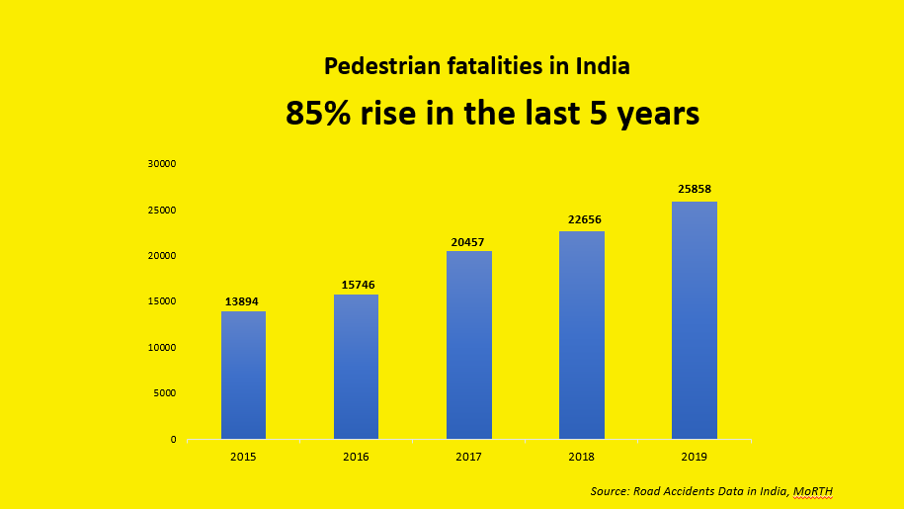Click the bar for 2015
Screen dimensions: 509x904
coord(243,376)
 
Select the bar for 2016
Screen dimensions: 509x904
coord(356,367)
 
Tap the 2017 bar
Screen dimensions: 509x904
coord(469,345)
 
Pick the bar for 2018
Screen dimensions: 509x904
coord(582,335)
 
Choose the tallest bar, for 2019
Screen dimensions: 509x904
coord(695,320)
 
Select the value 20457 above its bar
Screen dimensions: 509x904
coord(469,242)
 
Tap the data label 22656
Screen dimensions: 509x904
coord(582,221)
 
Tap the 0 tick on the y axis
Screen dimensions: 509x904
coord(174,439)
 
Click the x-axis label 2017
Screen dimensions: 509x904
coord(469,457)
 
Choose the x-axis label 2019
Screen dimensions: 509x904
coord(695,457)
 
